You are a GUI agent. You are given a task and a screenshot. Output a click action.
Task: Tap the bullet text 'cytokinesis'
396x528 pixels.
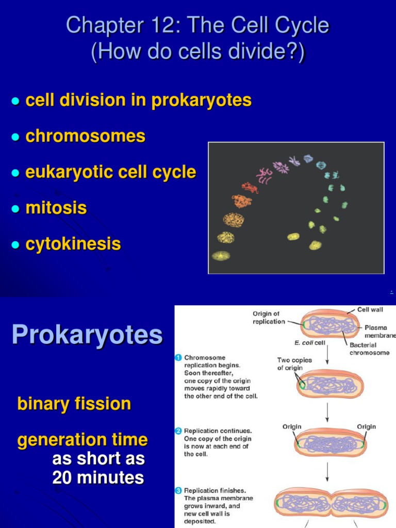[73, 244]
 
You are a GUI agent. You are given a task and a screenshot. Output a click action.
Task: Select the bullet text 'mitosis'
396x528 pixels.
[56, 208]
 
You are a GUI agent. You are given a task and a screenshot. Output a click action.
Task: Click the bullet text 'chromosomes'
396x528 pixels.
[85, 136]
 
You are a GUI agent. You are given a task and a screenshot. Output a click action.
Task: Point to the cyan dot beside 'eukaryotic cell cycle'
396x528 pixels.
[15, 173]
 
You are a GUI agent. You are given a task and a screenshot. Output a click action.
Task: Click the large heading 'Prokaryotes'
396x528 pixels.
[87, 335]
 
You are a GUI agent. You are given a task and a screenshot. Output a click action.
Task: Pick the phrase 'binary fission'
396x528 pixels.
[74, 404]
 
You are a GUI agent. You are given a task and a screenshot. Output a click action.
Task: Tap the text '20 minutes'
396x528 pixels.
[98, 477]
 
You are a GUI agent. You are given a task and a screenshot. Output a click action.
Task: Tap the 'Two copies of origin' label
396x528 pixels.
[294, 364]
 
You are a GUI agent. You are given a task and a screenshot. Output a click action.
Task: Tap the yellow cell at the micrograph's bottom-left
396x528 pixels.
[221, 255]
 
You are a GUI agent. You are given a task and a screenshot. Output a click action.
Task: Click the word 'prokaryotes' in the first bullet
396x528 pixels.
[201, 100]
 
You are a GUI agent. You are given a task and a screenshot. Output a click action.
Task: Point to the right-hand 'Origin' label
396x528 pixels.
[366, 426]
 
